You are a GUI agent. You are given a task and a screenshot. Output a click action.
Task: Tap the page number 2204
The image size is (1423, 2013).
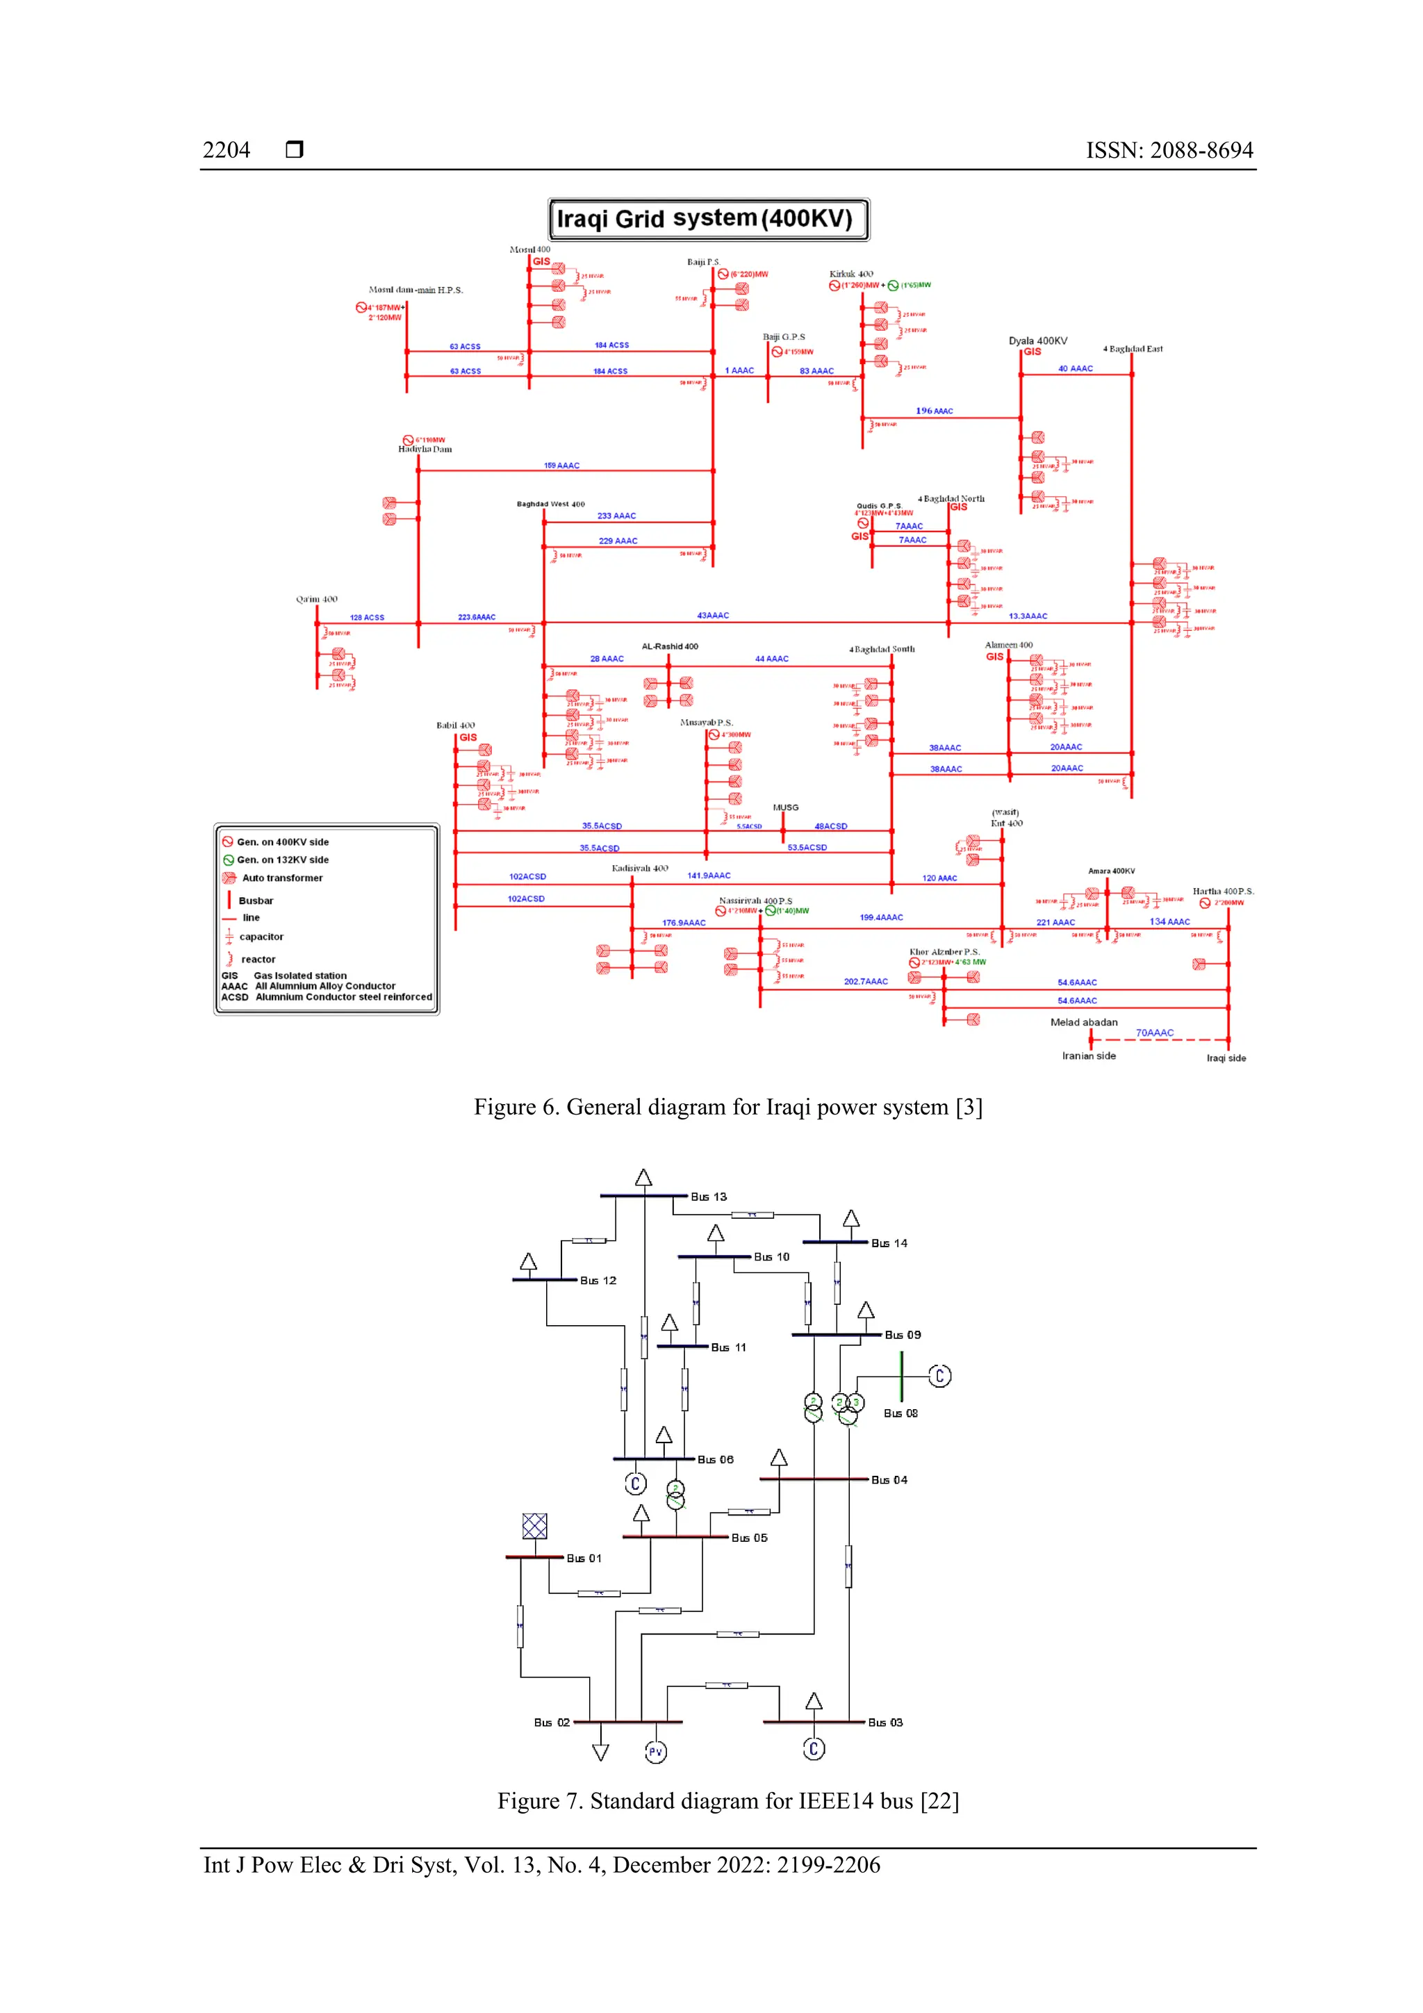pyautogui.click(x=227, y=150)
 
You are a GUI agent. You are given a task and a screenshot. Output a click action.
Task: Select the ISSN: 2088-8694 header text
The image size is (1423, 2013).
pyautogui.click(x=1169, y=150)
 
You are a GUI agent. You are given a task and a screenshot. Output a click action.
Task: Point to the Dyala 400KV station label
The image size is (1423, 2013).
pyautogui.click(x=1037, y=341)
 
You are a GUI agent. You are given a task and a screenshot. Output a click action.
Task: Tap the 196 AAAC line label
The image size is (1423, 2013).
pyautogui.click(x=934, y=411)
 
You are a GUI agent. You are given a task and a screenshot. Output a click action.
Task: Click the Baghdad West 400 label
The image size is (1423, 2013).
pyautogui.click(x=550, y=504)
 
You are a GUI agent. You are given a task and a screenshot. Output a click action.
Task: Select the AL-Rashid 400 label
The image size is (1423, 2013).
pyautogui.click(x=670, y=647)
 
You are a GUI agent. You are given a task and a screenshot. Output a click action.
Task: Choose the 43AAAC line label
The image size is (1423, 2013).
pyautogui.click(x=713, y=616)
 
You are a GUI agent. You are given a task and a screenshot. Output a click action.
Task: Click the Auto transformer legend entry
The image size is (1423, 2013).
pyautogui.click(x=281, y=878)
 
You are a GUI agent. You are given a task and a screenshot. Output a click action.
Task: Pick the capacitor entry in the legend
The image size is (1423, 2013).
pyautogui.click(x=261, y=937)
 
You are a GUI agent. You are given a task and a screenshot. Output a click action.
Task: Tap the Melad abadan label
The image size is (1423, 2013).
pyautogui.click(x=1084, y=1022)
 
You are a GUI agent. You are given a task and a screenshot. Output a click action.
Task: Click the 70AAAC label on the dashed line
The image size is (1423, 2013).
pyautogui.click(x=1154, y=1033)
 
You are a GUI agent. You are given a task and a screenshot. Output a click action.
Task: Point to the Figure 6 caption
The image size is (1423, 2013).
pyautogui.click(x=727, y=1108)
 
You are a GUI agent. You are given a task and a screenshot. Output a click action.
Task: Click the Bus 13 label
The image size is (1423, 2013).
pyautogui.click(x=709, y=1197)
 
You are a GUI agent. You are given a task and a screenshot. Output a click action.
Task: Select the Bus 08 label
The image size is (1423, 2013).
pyautogui.click(x=900, y=1413)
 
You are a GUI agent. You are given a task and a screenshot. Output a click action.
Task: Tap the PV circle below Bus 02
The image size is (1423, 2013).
pyautogui.click(x=656, y=1752)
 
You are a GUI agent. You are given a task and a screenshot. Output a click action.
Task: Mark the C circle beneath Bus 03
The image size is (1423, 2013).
pyautogui.click(x=814, y=1749)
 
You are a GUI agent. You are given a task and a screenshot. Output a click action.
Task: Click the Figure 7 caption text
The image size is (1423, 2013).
pyautogui.click(x=727, y=1801)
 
